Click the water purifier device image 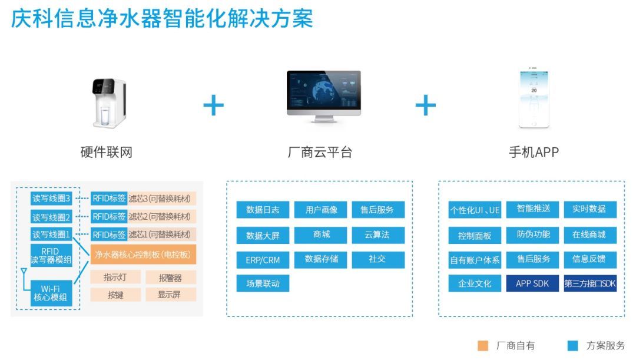point(109,103)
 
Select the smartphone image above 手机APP point(534,98)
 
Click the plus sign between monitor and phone point(425,106)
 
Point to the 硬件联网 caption point(107,152)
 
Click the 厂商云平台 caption point(320,152)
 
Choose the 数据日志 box point(263,210)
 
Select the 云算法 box point(377,235)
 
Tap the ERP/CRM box point(263,259)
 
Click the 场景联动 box point(263,283)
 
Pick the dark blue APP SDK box point(532,283)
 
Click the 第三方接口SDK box point(590,283)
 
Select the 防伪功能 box point(533,235)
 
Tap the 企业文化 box point(475,283)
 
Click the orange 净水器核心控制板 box point(143,255)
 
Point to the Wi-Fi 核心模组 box point(51,293)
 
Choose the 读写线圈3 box point(51,199)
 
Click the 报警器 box point(170,278)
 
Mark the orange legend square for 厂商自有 point(483,346)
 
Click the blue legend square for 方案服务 point(572,346)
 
